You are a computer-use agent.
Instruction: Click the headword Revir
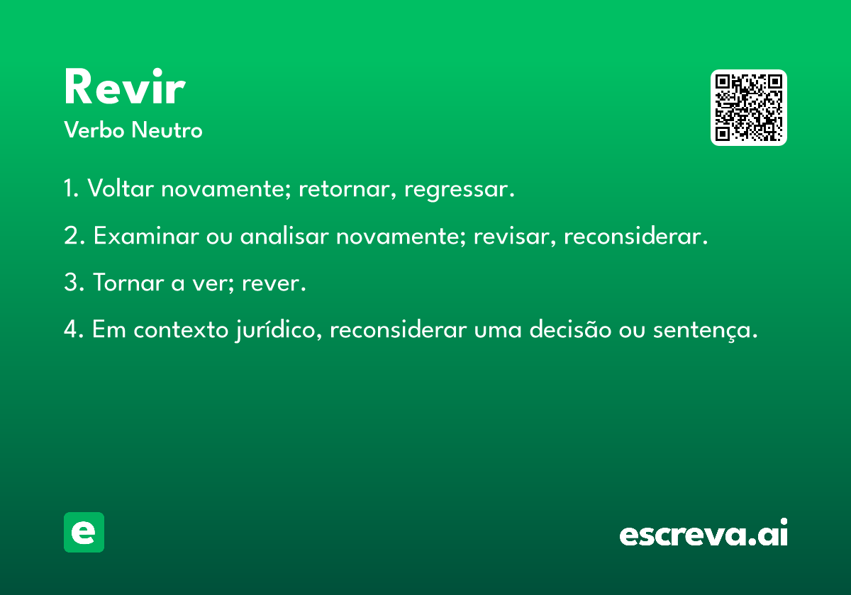(x=125, y=86)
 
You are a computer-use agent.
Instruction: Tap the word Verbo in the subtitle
(x=94, y=130)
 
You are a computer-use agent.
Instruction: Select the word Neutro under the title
(x=167, y=130)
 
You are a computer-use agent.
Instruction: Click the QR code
(x=748, y=108)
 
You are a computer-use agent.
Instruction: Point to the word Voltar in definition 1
(x=121, y=188)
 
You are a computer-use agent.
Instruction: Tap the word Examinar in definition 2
(x=146, y=235)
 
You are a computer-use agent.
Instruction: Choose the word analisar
(x=284, y=235)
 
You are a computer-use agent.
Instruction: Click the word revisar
(x=514, y=236)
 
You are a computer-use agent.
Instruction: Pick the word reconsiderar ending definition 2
(x=635, y=236)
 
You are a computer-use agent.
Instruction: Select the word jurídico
(x=279, y=329)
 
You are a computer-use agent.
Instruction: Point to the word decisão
(x=570, y=329)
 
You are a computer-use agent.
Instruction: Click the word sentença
(x=705, y=330)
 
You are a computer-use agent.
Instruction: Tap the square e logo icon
(x=84, y=532)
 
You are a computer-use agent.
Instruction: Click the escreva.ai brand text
(x=703, y=532)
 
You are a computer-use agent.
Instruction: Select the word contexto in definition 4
(x=181, y=329)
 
